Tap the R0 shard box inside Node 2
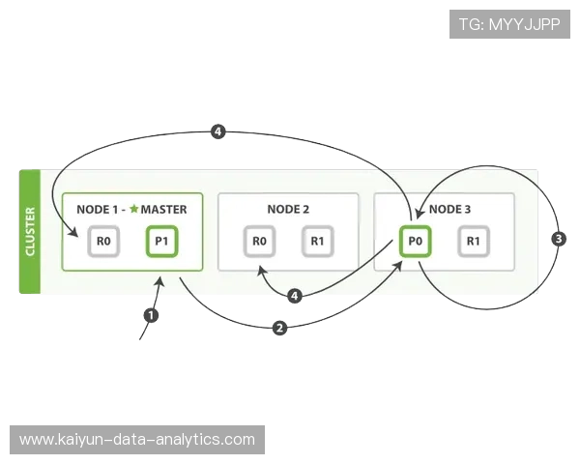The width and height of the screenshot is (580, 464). (x=258, y=242)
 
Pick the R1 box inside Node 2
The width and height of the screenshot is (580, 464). (x=317, y=242)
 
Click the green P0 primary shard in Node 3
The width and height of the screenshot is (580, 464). (x=415, y=242)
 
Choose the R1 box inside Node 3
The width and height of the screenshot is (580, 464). (x=473, y=242)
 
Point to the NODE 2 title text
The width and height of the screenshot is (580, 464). (x=288, y=209)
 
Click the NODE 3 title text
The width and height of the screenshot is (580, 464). (x=450, y=209)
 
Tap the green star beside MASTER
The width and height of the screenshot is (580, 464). (x=133, y=209)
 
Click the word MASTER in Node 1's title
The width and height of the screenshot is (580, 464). (x=163, y=209)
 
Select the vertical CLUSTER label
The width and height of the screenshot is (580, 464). (x=29, y=232)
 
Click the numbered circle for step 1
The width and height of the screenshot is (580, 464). (x=150, y=314)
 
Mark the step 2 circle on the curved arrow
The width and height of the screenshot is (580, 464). (x=279, y=329)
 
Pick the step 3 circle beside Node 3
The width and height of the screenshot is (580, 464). (x=557, y=238)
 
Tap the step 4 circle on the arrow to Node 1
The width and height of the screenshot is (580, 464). (x=218, y=130)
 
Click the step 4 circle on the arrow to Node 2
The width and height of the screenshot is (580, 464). (x=295, y=296)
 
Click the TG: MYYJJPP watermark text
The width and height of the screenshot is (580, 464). (x=510, y=23)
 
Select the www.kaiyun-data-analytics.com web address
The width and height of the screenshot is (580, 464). (x=137, y=440)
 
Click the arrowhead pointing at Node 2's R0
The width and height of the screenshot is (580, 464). (x=260, y=272)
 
